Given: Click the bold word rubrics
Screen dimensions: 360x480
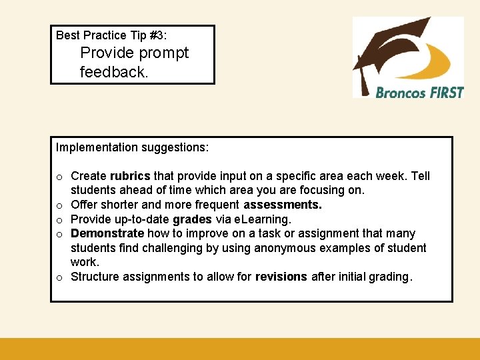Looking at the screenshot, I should (131, 176).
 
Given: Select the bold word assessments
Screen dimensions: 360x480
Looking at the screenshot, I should (283, 205).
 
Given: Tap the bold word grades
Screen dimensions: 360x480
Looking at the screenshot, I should (193, 219).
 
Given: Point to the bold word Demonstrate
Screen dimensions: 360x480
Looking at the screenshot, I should (107, 233).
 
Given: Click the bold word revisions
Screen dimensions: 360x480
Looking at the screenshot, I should (281, 277).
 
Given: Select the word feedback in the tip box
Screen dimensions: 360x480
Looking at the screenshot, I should (113, 72).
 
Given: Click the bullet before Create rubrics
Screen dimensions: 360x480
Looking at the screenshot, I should (59, 177).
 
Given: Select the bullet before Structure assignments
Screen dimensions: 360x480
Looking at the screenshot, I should (59, 277).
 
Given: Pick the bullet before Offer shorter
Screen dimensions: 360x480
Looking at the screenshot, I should (59, 205).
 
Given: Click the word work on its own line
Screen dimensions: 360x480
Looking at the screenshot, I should (85, 262).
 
